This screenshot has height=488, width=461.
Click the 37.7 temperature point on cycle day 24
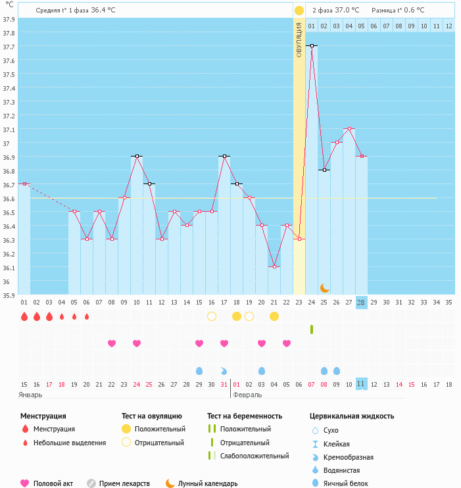click(311, 46)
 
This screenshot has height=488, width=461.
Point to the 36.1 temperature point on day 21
click(274, 266)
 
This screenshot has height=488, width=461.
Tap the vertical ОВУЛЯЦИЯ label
click(299, 40)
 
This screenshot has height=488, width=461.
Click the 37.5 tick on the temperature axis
click(9, 74)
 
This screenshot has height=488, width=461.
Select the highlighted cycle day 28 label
click(361, 302)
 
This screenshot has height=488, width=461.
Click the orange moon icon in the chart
click(324, 288)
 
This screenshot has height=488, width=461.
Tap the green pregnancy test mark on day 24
click(312, 329)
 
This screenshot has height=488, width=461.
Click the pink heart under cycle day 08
click(111, 343)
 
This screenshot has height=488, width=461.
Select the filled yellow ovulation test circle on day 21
click(274, 316)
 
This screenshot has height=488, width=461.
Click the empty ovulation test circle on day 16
click(212, 316)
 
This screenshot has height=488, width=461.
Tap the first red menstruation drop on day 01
click(24, 316)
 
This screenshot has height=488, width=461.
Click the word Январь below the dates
click(30, 395)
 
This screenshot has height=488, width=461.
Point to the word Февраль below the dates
click(248, 395)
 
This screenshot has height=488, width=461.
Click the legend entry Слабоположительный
click(255, 456)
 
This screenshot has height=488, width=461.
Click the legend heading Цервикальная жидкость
click(352, 416)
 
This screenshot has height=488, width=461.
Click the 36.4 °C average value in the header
click(103, 10)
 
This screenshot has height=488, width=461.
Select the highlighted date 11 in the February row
click(361, 383)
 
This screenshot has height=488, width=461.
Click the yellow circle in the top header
click(299, 11)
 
